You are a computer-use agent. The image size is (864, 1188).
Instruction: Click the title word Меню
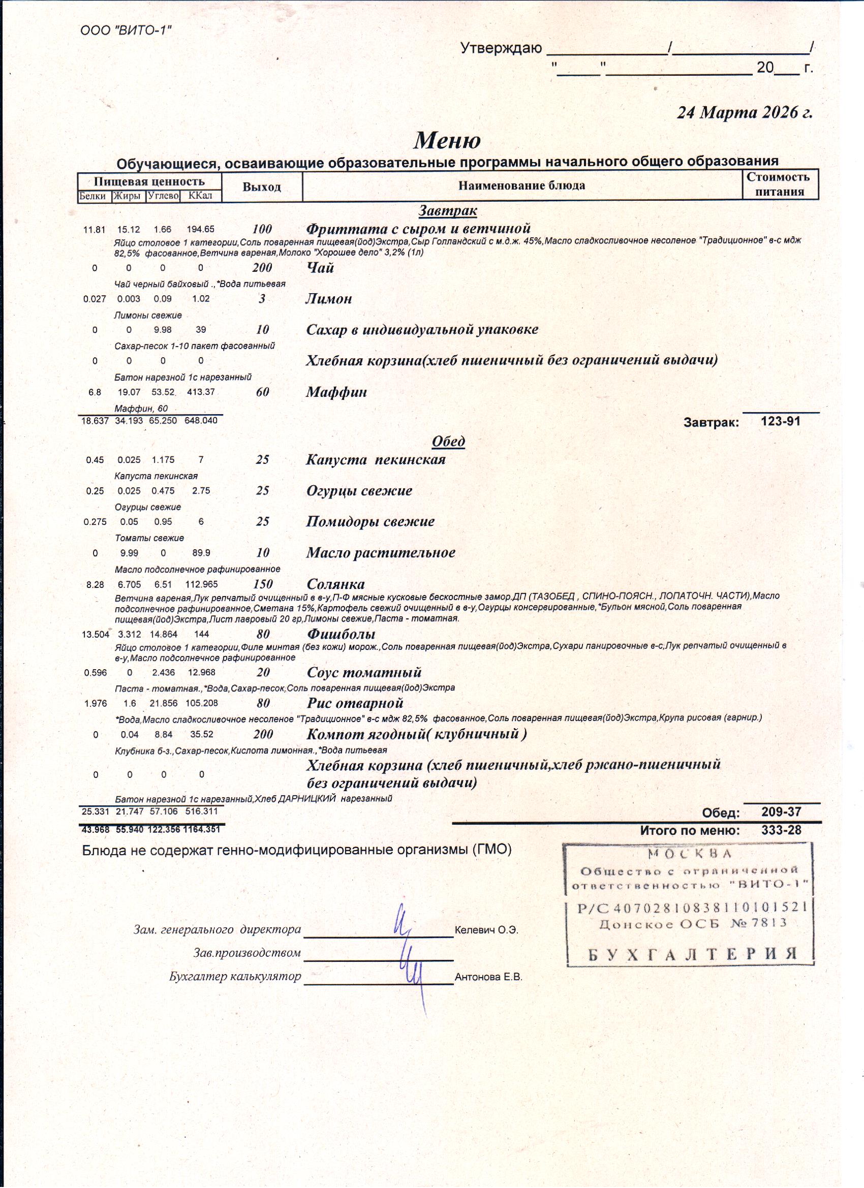[x=447, y=140]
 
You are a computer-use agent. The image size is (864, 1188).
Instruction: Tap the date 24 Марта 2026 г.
[x=744, y=113]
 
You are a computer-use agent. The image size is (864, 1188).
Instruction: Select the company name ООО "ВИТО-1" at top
[x=126, y=30]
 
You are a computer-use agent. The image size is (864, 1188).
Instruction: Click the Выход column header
[x=261, y=187]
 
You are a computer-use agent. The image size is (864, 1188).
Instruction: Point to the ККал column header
[x=200, y=196]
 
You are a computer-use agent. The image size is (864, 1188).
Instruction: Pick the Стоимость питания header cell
[x=780, y=184]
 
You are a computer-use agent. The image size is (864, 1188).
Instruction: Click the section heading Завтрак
[x=447, y=210]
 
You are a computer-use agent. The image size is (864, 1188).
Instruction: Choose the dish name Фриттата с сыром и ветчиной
[x=418, y=229]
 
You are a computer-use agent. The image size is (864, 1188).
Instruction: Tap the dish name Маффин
[x=336, y=392]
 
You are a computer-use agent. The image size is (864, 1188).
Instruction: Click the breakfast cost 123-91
[x=780, y=421]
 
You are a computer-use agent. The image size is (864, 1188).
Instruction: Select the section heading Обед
[x=448, y=442]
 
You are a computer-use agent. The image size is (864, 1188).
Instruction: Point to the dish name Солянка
[x=335, y=584]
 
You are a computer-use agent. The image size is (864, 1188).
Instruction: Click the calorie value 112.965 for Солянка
[x=201, y=584]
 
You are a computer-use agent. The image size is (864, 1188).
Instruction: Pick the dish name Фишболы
[x=341, y=634]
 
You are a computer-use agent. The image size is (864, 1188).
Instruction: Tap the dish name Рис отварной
[x=355, y=703]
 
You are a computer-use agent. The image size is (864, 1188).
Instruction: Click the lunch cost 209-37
[x=781, y=812]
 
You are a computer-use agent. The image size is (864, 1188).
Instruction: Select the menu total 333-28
[x=781, y=830]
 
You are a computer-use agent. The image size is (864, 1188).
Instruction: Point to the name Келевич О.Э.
[x=486, y=930]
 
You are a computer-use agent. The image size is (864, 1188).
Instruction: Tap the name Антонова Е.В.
[x=488, y=977]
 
